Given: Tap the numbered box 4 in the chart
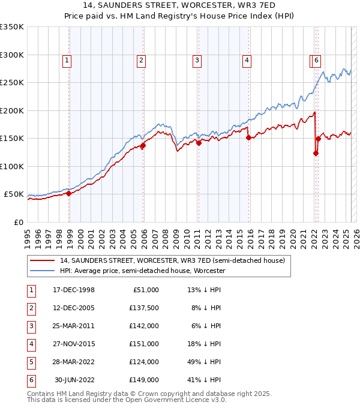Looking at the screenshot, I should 247,60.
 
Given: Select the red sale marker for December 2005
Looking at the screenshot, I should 143,145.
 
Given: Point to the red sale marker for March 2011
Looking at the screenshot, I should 199,143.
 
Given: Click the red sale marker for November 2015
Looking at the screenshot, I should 248,137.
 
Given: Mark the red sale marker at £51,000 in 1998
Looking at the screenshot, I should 69,193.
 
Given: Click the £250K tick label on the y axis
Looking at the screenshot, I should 12,83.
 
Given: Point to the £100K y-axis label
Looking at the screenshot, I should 12,166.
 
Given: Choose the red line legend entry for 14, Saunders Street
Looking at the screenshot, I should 173,260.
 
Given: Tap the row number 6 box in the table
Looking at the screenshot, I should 29,380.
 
